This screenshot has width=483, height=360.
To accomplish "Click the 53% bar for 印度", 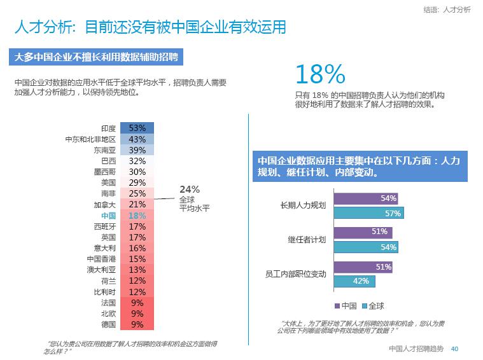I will point(137,128).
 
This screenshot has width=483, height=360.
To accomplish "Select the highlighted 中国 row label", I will point(108,216).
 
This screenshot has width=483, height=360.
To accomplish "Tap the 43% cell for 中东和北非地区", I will point(137,139).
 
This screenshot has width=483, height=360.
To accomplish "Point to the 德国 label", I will point(108,325).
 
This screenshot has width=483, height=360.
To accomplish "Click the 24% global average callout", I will point(190,189).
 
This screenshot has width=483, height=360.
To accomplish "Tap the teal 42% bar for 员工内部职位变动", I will point(354,281).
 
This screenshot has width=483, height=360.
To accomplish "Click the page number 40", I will point(454,349).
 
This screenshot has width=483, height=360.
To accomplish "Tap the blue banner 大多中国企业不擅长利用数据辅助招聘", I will point(98,57).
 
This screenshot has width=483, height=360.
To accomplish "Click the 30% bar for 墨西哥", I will point(137,172).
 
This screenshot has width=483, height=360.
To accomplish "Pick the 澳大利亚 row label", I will point(101,270).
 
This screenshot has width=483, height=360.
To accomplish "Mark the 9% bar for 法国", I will point(137,303).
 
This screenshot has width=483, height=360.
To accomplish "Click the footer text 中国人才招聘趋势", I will point(416,349).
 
